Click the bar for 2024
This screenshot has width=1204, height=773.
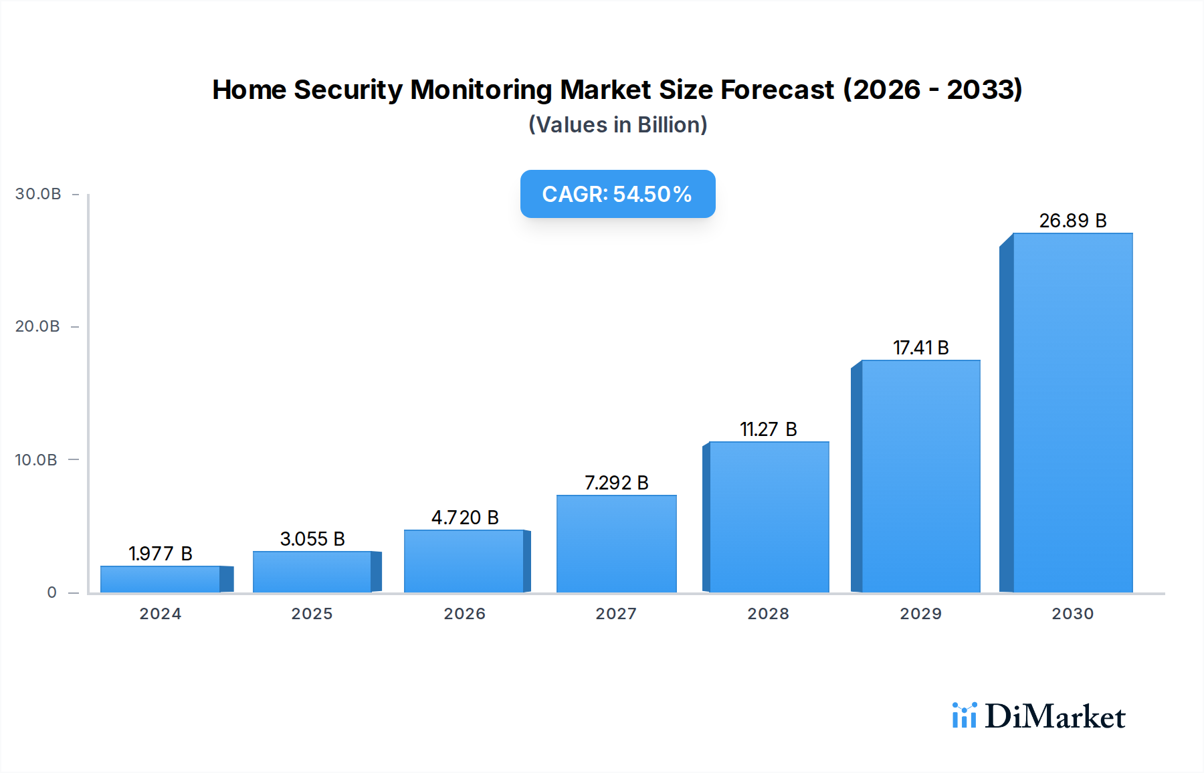pyautogui.click(x=161, y=579)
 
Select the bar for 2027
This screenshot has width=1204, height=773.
pyautogui.click(x=616, y=544)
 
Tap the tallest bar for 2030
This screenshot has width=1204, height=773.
pyautogui.click(x=1072, y=413)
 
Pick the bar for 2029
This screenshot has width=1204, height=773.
pyautogui.click(x=920, y=476)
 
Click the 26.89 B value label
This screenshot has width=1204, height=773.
pyautogui.click(x=1072, y=221)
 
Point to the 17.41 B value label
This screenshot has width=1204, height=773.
pyautogui.click(x=920, y=348)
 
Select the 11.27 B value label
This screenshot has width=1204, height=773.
pyautogui.click(x=768, y=429)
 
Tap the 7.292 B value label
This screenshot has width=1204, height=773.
pyautogui.click(x=616, y=483)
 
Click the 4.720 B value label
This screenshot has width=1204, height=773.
pyautogui.click(x=465, y=518)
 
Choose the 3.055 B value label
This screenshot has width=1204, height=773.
pyautogui.click(x=312, y=539)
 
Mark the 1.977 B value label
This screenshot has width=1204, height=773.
pyautogui.click(x=161, y=554)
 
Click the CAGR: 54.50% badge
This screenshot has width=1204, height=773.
pyautogui.click(x=617, y=194)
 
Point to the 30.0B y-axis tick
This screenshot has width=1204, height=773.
pyautogui.click(x=38, y=194)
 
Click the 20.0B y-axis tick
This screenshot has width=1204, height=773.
pyautogui.click(x=37, y=326)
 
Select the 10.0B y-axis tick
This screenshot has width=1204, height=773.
pyautogui.click(x=36, y=460)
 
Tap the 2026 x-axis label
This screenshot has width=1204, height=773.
pyautogui.click(x=464, y=614)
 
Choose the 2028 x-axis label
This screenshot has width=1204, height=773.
pyautogui.click(x=768, y=614)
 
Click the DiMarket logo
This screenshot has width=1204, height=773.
pyautogui.click(x=1039, y=716)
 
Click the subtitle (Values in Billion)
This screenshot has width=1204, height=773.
pyautogui.click(x=617, y=125)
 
